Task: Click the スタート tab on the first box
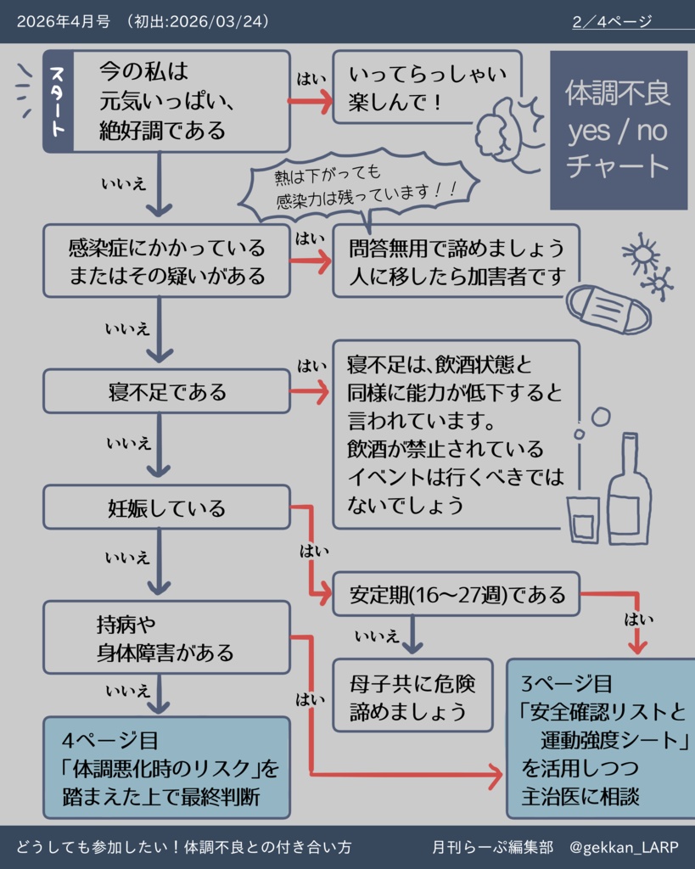point(58,102)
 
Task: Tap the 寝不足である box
point(166,391)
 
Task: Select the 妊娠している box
point(166,507)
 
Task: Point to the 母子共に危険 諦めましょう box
point(412,695)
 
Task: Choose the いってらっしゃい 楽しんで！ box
point(426,87)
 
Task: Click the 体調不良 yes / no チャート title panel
point(618,129)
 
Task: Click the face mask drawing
point(608,309)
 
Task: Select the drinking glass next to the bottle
point(583,519)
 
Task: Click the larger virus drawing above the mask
point(641,252)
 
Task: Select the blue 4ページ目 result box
point(166,767)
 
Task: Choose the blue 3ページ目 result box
point(601,739)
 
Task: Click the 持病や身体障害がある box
point(166,638)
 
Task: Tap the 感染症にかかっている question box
point(166,261)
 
